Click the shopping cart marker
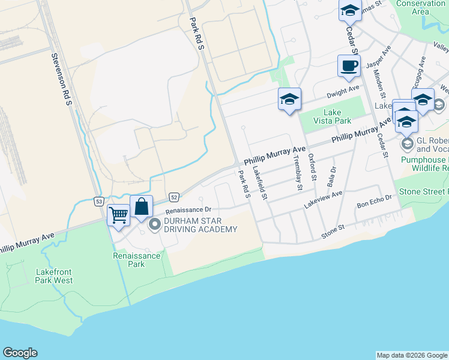(x=118, y=215)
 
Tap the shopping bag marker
(x=141, y=206)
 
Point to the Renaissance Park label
(x=137, y=260)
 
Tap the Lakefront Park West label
(x=54, y=276)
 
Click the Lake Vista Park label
(x=337, y=116)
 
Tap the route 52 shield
(x=173, y=196)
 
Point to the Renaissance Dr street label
(x=188, y=210)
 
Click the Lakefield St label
(x=260, y=183)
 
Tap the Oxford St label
(x=312, y=166)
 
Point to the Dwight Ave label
(x=343, y=91)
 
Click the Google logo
(x=20, y=353)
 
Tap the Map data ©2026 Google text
(x=412, y=355)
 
